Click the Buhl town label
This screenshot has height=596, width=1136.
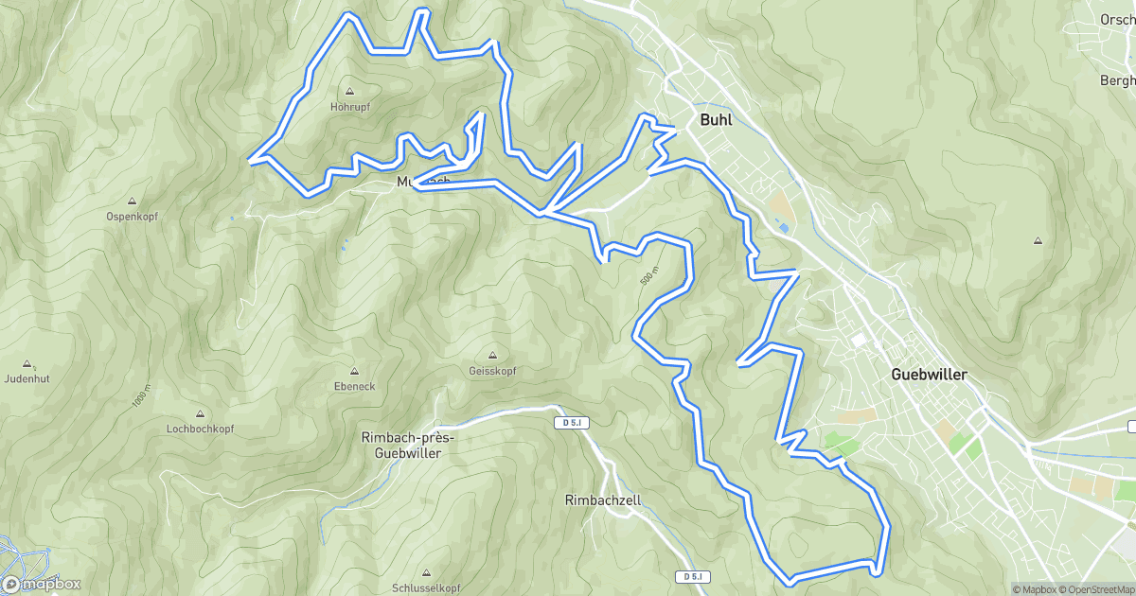[715, 120]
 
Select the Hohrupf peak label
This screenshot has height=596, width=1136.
[349, 107]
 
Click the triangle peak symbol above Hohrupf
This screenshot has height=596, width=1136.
[349, 92]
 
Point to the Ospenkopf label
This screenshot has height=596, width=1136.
[132, 217]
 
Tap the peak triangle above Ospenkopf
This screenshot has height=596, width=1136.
[132, 202]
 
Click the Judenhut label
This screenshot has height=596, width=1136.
[27, 378]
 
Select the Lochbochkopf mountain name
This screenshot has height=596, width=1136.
[200, 429]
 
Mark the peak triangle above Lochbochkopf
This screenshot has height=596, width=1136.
[200, 413]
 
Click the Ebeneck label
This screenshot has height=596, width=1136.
[355, 386]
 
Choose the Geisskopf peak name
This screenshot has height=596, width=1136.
[492, 371]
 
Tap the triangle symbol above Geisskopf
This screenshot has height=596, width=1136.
[492, 356]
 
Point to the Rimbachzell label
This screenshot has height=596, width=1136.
[603, 500]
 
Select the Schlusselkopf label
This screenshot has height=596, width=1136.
[426, 587]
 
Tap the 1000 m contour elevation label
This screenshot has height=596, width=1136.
[142, 396]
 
